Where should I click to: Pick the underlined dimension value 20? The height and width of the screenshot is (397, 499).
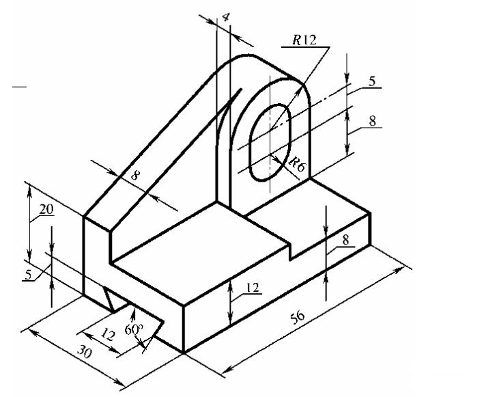coord(46,210)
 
